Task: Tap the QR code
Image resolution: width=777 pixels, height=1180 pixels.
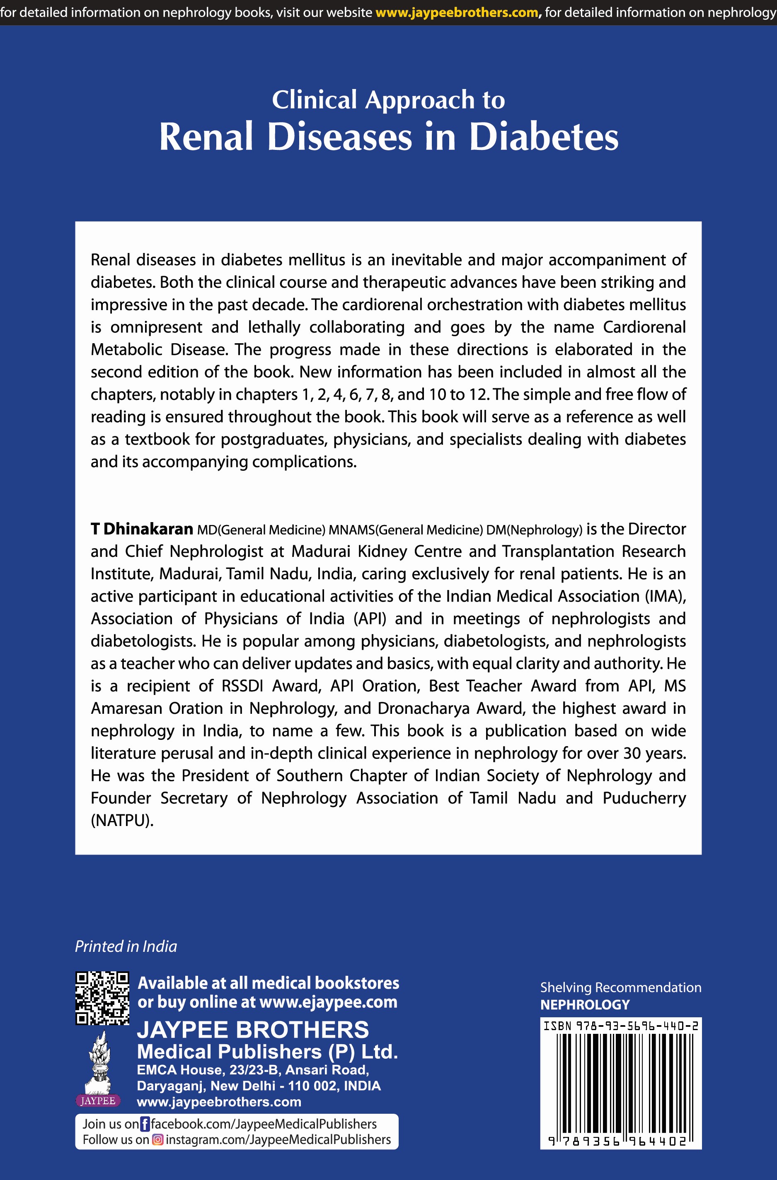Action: coord(102,998)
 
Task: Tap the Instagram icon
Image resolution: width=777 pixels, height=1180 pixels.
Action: coord(157,1140)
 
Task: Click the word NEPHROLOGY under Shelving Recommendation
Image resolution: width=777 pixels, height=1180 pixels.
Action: coord(584,1005)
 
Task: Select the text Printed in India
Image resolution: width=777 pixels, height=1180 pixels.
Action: coord(126,946)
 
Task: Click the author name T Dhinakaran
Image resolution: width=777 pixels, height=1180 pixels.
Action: coord(141,529)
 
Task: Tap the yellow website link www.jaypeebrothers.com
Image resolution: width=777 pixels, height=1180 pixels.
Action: coord(457,12)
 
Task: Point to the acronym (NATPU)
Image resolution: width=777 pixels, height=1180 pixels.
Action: coord(122,821)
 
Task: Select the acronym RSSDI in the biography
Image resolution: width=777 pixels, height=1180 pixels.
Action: coord(242,686)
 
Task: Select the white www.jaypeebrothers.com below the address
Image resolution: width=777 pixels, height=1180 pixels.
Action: coord(219,1102)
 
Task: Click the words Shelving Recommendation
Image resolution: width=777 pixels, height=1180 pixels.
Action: coord(620,987)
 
